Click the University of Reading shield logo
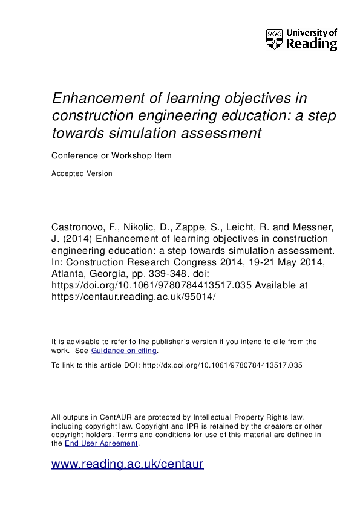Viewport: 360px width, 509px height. [x=274, y=39]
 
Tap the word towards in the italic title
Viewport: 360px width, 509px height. [x=76, y=132]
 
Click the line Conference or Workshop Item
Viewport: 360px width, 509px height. [x=111, y=155]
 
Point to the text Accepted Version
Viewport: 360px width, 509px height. [x=82, y=173]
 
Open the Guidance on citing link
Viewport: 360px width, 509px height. [x=124, y=351]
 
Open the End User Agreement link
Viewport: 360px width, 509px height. [x=102, y=443]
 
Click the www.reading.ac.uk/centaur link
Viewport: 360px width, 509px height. [x=127, y=464]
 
